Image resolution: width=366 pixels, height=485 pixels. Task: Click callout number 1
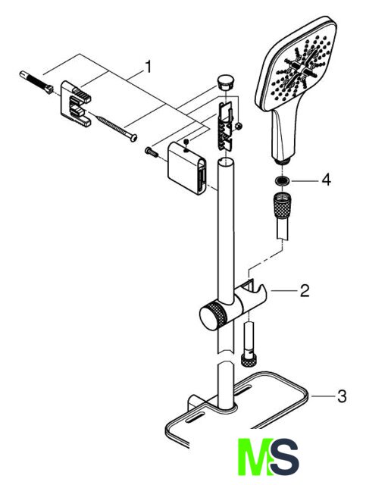pyautogui.click(x=149, y=67)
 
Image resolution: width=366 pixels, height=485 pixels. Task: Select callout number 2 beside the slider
pyautogui.click(x=305, y=291)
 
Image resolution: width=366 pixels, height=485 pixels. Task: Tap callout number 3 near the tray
pyautogui.click(x=342, y=396)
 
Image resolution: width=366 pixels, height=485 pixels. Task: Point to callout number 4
pyautogui.click(x=326, y=180)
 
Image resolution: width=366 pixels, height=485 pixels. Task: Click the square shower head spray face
pyautogui.click(x=296, y=66)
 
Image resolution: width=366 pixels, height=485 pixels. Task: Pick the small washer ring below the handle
pyautogui.click(x=282, y=180)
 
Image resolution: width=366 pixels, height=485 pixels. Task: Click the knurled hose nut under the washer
pyautogui.click(x=281, y=205)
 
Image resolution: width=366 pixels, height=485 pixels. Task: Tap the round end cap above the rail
pyautogui.click(x=226, y=82)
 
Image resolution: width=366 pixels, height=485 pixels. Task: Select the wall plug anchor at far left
pyautogui.click(x=36, y=82)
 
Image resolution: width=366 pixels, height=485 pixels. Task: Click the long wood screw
pyautogui.click(x=117, y=128)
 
